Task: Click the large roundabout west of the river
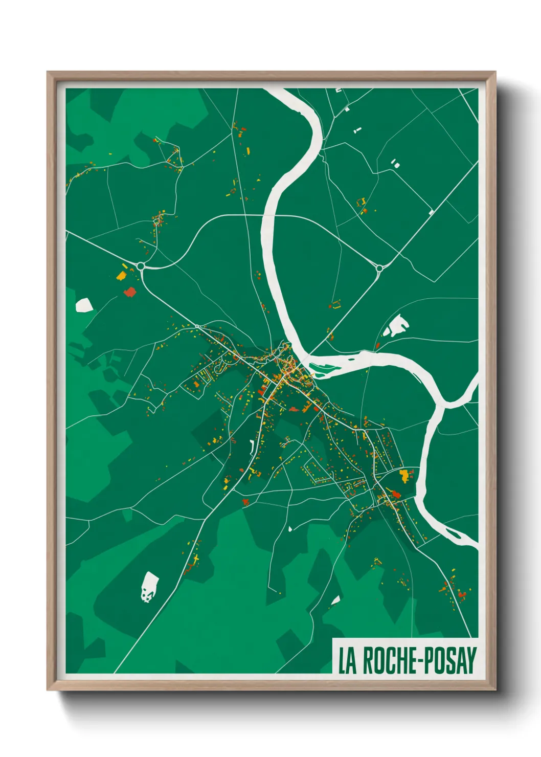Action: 141,266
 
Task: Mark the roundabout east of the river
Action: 379,268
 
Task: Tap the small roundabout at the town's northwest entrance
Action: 197,326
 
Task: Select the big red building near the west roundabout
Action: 130,292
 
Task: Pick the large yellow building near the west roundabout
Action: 121,276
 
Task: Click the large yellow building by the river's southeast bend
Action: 404,475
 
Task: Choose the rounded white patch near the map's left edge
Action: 84,305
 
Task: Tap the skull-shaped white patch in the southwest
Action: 149,587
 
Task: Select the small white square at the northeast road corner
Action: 431,212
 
